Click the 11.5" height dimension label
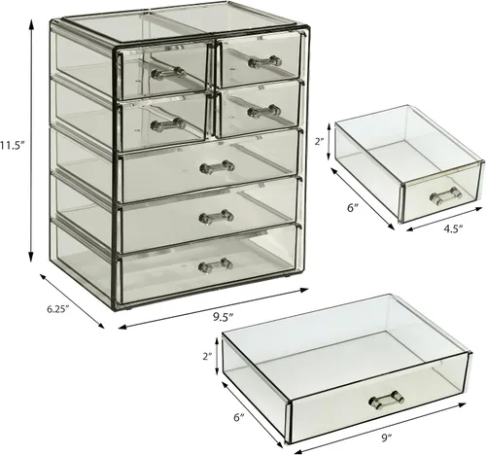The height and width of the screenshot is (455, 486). click(13, 145)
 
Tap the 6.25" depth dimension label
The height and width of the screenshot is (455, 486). click(58, 309)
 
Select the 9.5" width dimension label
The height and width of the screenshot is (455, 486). click(224, 317)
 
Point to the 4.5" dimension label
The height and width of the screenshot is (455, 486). click(453, 228)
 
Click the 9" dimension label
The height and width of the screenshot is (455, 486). click(387, 438)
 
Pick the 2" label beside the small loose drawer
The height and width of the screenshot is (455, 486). click(321, 142)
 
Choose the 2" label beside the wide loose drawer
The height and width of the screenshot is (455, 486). click(207, 356)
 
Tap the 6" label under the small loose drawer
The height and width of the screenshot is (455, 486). click(353, 208)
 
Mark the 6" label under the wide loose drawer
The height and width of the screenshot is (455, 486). click(239, 417)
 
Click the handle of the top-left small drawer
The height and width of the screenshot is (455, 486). click(168, 73)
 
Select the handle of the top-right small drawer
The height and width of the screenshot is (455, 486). click(264, 61)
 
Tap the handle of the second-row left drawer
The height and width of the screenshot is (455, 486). click(168, 124)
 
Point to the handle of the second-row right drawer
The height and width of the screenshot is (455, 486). click(263, 111)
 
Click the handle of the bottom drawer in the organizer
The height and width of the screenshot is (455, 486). click(216, 265)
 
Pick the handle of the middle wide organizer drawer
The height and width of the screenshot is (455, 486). click(216, 217)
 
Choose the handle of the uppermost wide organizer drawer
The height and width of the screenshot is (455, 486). click(217, 167)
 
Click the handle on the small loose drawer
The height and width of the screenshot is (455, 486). click(445, 195)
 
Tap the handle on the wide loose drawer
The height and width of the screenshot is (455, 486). click(387, 400)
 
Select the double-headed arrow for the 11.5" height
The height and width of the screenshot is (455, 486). click(31, 141)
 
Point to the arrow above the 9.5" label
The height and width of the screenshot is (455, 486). click(213, 308)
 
